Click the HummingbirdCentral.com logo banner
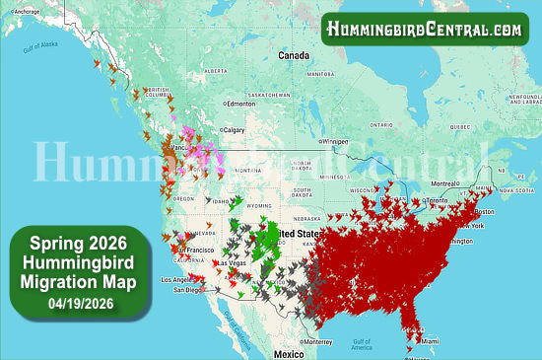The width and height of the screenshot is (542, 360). (425, 29)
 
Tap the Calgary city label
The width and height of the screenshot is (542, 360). (235, 130)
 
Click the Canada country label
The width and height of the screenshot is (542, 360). (293, 56)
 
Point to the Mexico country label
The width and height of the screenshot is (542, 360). (289, 353)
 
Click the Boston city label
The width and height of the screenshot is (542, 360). (484, 212)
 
